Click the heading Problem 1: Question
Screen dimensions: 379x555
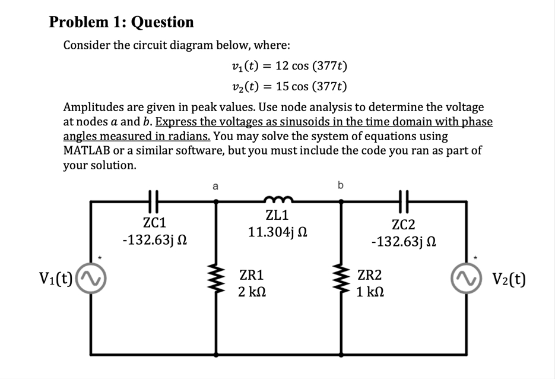[x=121, y=22]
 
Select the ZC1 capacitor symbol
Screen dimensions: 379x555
[x=153, y=202]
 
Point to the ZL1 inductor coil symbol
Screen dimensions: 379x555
[x=278, y=200]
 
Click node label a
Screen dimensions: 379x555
[x=215, y=185]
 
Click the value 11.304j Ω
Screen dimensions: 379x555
[x=277, y=231]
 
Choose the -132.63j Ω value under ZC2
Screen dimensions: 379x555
[x=404, y=242]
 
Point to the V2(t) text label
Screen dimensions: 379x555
[x=505, y=278]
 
